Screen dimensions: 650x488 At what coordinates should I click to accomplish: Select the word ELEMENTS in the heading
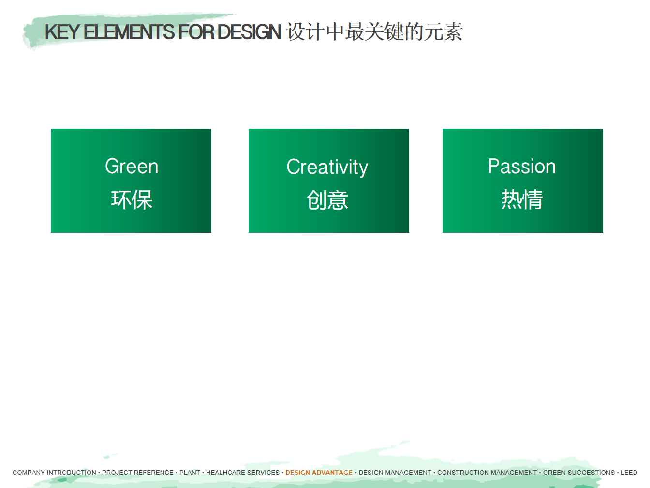(x=129, y=32)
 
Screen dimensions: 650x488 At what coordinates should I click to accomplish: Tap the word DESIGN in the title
(x=250, y=32)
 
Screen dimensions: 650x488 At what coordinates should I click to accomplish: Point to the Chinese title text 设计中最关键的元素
(x=375, y=31)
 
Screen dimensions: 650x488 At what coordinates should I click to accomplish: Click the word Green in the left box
(x=132, y=166)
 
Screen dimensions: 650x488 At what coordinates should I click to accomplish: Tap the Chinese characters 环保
(x=132, y=200)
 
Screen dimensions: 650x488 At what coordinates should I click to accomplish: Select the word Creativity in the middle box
(x=327, y=167)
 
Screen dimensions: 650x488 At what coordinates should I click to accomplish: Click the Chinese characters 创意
(x=327, y=200)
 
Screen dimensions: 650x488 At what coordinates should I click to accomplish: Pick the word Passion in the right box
(x=521, y=166)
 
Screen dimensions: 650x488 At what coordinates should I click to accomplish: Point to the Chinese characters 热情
(x=522, y=199)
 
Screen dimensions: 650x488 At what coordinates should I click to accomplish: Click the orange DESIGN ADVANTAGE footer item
(x=319, y=473)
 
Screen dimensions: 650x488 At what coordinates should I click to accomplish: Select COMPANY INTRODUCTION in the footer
(x=54, y=473)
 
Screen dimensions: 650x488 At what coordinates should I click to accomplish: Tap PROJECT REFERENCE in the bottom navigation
(x=138, y=473)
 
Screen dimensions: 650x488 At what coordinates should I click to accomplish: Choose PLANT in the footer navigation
(x=190, y=473)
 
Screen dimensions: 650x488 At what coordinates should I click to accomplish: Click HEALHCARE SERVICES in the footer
(x=242, y=473)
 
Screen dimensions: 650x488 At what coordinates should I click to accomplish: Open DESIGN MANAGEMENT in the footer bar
(x=395, y=473)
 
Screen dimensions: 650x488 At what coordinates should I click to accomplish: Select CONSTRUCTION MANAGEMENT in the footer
(x=487, y=473)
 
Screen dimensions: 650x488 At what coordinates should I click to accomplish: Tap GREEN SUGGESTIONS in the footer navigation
(x=578, y=473)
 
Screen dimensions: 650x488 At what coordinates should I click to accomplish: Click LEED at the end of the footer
(x=629, y=473)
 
